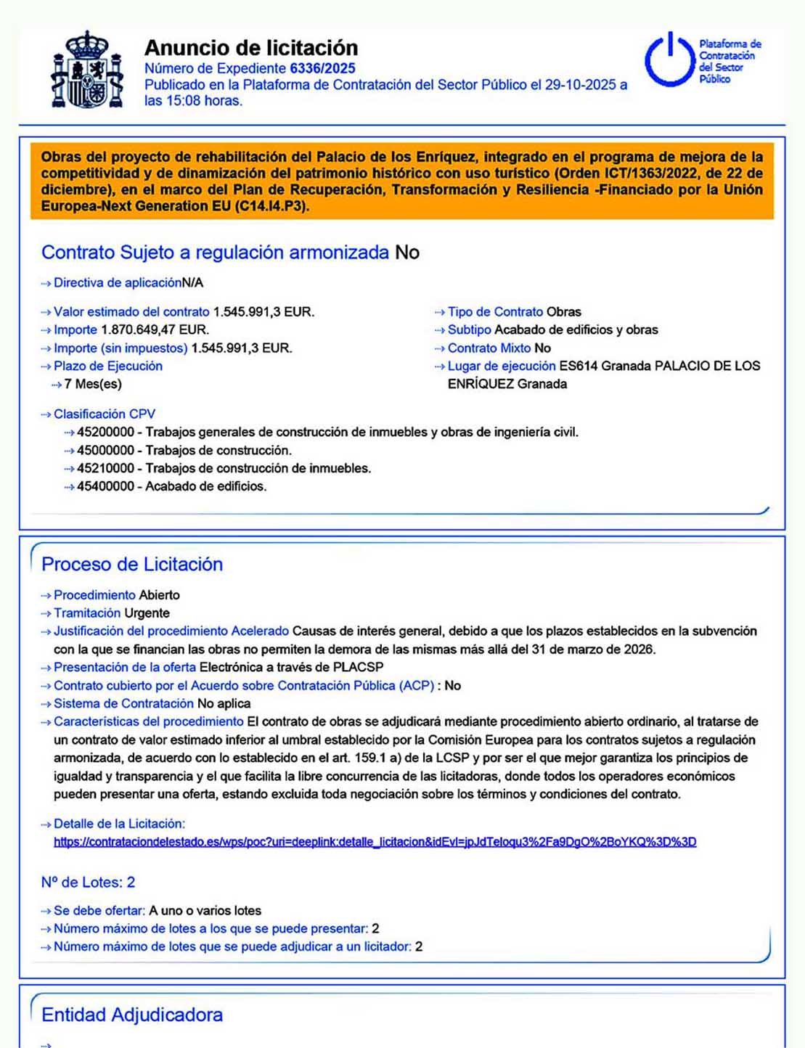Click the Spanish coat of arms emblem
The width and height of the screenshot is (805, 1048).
tap(86, 70)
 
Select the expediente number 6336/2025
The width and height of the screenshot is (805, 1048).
tap(322, 68)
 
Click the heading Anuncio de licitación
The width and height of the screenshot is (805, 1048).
tap(251, 48)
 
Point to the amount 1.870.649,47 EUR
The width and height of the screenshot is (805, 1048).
tap(155, 329)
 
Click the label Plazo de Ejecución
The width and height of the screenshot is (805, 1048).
tap(108, 366)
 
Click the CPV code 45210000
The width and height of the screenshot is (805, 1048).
tap(105, 468)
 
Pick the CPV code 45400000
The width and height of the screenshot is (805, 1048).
tap(105, 486)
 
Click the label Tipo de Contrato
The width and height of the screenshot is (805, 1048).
tap(495, 312)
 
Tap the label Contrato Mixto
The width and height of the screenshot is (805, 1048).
tap(489, 348)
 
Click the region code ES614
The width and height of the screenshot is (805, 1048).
tap(579, 366)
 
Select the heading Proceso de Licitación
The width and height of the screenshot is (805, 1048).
tap(132, 565)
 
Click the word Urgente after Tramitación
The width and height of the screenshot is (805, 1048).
tap(147, 613)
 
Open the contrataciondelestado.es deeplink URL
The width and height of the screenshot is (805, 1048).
tap(375, 842)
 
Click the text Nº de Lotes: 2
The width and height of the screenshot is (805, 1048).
tap(88, 883)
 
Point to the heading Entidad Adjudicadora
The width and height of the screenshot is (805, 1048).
tap(132, 1015)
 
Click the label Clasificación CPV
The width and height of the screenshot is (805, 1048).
tap(105, 414)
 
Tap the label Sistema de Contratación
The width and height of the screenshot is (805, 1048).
tap(123, 703)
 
